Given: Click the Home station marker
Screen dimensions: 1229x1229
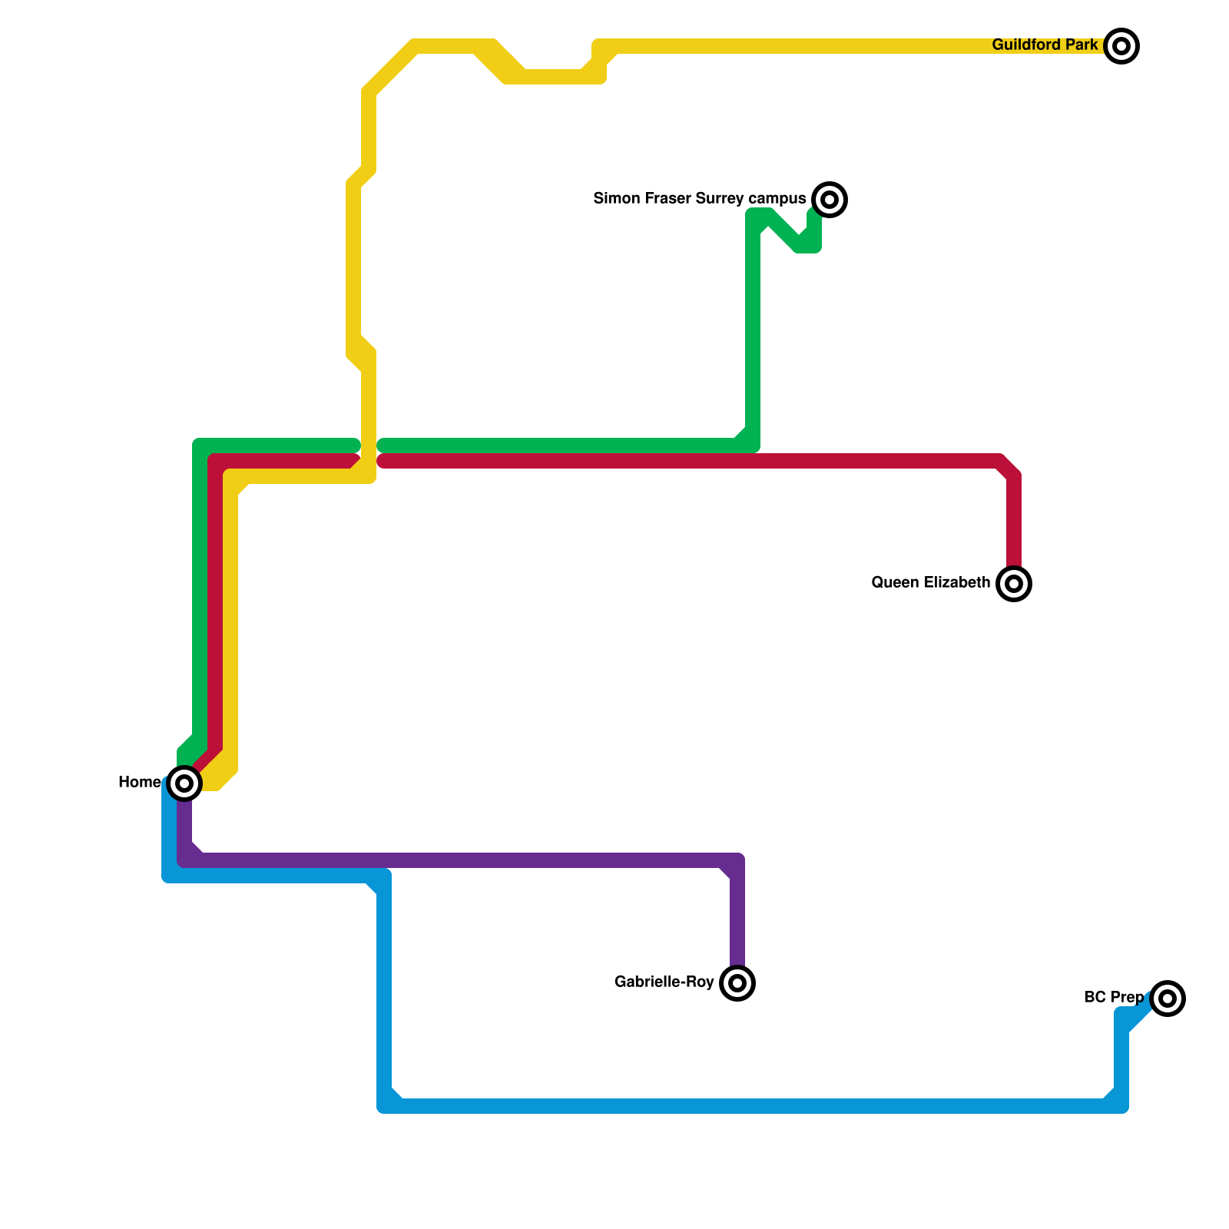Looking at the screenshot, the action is [x=184, y=783].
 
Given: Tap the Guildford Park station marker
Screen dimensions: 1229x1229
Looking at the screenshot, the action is [x=1121, y=46].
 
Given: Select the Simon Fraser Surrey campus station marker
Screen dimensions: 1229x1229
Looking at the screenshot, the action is [x=830, y=200].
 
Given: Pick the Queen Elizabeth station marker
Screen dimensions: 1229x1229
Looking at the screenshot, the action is [x=1014, y=584].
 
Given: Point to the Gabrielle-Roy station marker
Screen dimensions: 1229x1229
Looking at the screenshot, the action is [x=737, y=983].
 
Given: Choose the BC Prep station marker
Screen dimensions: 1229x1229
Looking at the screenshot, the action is [x=1168, y=999].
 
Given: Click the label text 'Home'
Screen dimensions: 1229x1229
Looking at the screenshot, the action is [x=139, y=783].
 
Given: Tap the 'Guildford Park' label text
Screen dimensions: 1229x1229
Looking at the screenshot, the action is [x=1045, y=45].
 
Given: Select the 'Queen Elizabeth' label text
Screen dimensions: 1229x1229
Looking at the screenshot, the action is [x=930, y=583].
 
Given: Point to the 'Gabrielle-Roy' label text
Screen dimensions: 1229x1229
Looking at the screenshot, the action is [x=664, y=982].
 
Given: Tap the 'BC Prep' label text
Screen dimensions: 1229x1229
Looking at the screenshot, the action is [x=1113, y=998].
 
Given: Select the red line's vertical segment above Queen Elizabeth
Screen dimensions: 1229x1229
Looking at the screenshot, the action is [x=1014, y=522].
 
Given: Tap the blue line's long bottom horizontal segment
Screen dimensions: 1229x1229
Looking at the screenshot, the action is [x=753, y=1106].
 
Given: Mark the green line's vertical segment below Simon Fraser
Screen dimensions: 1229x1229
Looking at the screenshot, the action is [x=753, y=330].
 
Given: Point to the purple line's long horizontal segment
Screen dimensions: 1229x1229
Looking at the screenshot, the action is [x=461, y=860].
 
